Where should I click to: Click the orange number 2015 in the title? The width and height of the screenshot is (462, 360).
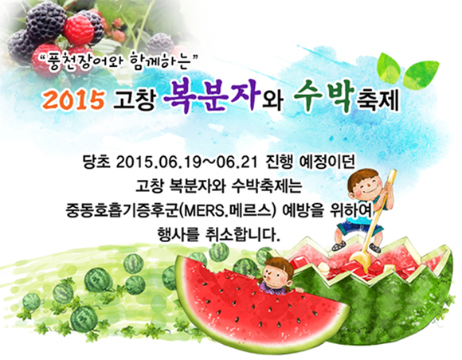(73, 100)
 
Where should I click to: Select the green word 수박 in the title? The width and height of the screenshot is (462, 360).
(323, 96)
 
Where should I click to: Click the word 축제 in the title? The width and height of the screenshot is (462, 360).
(378, 100)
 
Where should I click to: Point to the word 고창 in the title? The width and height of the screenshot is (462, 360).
(135, 100)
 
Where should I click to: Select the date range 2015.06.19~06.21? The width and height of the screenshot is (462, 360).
(187, 162)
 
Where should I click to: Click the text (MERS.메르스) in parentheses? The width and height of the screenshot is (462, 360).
(227, 211)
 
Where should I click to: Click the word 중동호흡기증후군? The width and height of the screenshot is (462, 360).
(122, 211)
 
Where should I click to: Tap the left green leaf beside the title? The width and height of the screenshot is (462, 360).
(390, 68)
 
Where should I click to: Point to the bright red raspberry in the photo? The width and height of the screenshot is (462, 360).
(78, 29)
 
